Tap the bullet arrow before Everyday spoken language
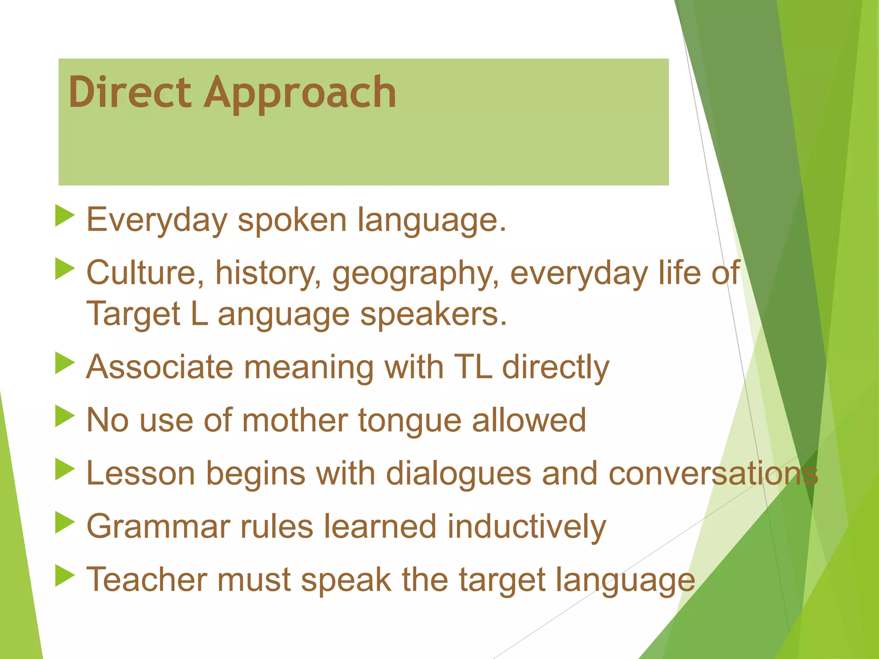click(x=65, y=216)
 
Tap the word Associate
click(x=159, y=367)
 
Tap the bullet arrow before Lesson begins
click(x=65, y=469)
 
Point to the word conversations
click(x=713, y=474)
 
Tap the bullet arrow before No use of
click(x=65, y=417)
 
